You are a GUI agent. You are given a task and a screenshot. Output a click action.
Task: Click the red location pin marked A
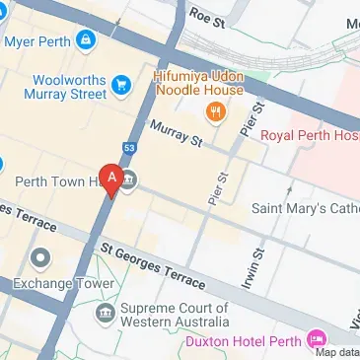[x=112, y=179]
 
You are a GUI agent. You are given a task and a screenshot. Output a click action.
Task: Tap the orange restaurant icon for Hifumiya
[x=211, y=108]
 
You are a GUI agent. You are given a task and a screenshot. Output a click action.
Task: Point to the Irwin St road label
[x=253, y=270]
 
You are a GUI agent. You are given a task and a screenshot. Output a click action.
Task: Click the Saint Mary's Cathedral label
[x=305, y=208]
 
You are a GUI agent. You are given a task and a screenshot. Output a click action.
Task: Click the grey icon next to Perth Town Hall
[x=130, y=180]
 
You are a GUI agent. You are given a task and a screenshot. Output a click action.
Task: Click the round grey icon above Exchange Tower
[x=40, y=259]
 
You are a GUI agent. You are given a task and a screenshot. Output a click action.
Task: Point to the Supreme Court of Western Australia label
[x=175, y=315]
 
